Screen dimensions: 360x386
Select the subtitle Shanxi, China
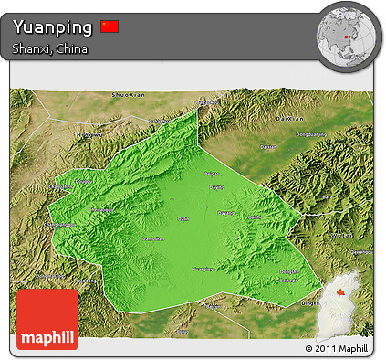click(50, 48)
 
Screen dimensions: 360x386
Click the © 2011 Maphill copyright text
click(339, 348)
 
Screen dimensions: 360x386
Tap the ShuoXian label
click(128, 94)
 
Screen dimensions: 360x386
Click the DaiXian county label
click(287, 119)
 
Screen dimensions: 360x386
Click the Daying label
click(216, 187)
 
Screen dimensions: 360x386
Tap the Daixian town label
click(267, 146)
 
